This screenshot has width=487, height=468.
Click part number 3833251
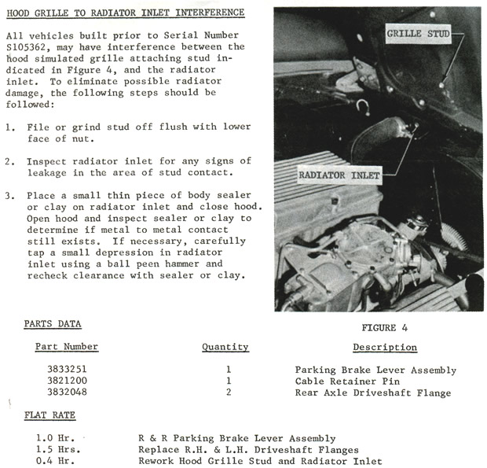pyautogui.click(x=67, y=370)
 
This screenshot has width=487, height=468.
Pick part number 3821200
pyautogui.click(x=67, y=381)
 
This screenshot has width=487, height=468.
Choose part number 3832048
pyautogui.click(x=67, y=392)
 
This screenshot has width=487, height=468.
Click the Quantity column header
pyautogui.click(x=225, y=347)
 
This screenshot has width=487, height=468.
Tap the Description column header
pyautogui.click(x=384, y=347)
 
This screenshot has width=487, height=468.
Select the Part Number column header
pyautogui.click(x=67, y=347)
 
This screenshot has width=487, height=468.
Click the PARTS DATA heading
pyautogui.click(x=53, y=324)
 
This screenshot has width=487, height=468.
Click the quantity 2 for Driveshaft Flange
pyautogui.click(x=227, y=392)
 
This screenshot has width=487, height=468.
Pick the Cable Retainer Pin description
pyautogui.click(x=339, y=381)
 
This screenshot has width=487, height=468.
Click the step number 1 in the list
pyautogui.click(x=9, y=127)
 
